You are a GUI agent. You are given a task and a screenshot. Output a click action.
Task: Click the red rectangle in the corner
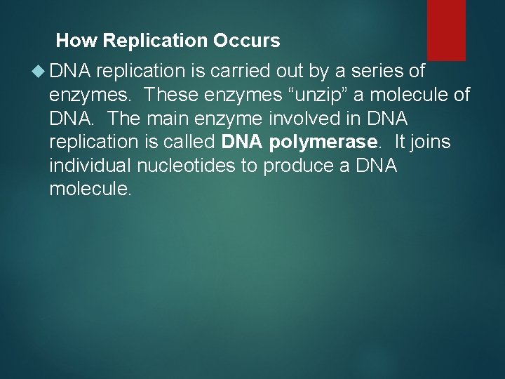click(446, 28)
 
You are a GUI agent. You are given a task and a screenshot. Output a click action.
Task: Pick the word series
click(389, 71)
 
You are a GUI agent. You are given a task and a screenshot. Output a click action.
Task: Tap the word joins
click(431, 142)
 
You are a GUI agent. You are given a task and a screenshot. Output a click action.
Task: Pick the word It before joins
click(400, 142)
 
